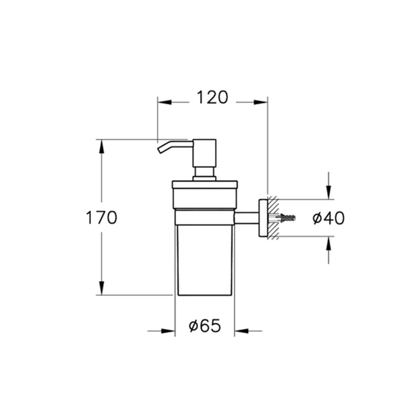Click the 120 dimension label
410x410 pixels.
[x=212, y=97]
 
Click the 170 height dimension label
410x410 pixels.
[x=101, y=218]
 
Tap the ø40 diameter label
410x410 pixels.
[x=328, y=218]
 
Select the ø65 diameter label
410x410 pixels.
[x=205, y=326]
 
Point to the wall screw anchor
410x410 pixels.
[x=285, y=217]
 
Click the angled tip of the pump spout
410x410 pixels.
[x=160, y=150]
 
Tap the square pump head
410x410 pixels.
[x=204, y=153]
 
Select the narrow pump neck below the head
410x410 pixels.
[x=204, y=172]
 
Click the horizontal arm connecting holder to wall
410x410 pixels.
[x=247, y=218]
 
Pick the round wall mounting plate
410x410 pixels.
[x=263, y=218]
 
